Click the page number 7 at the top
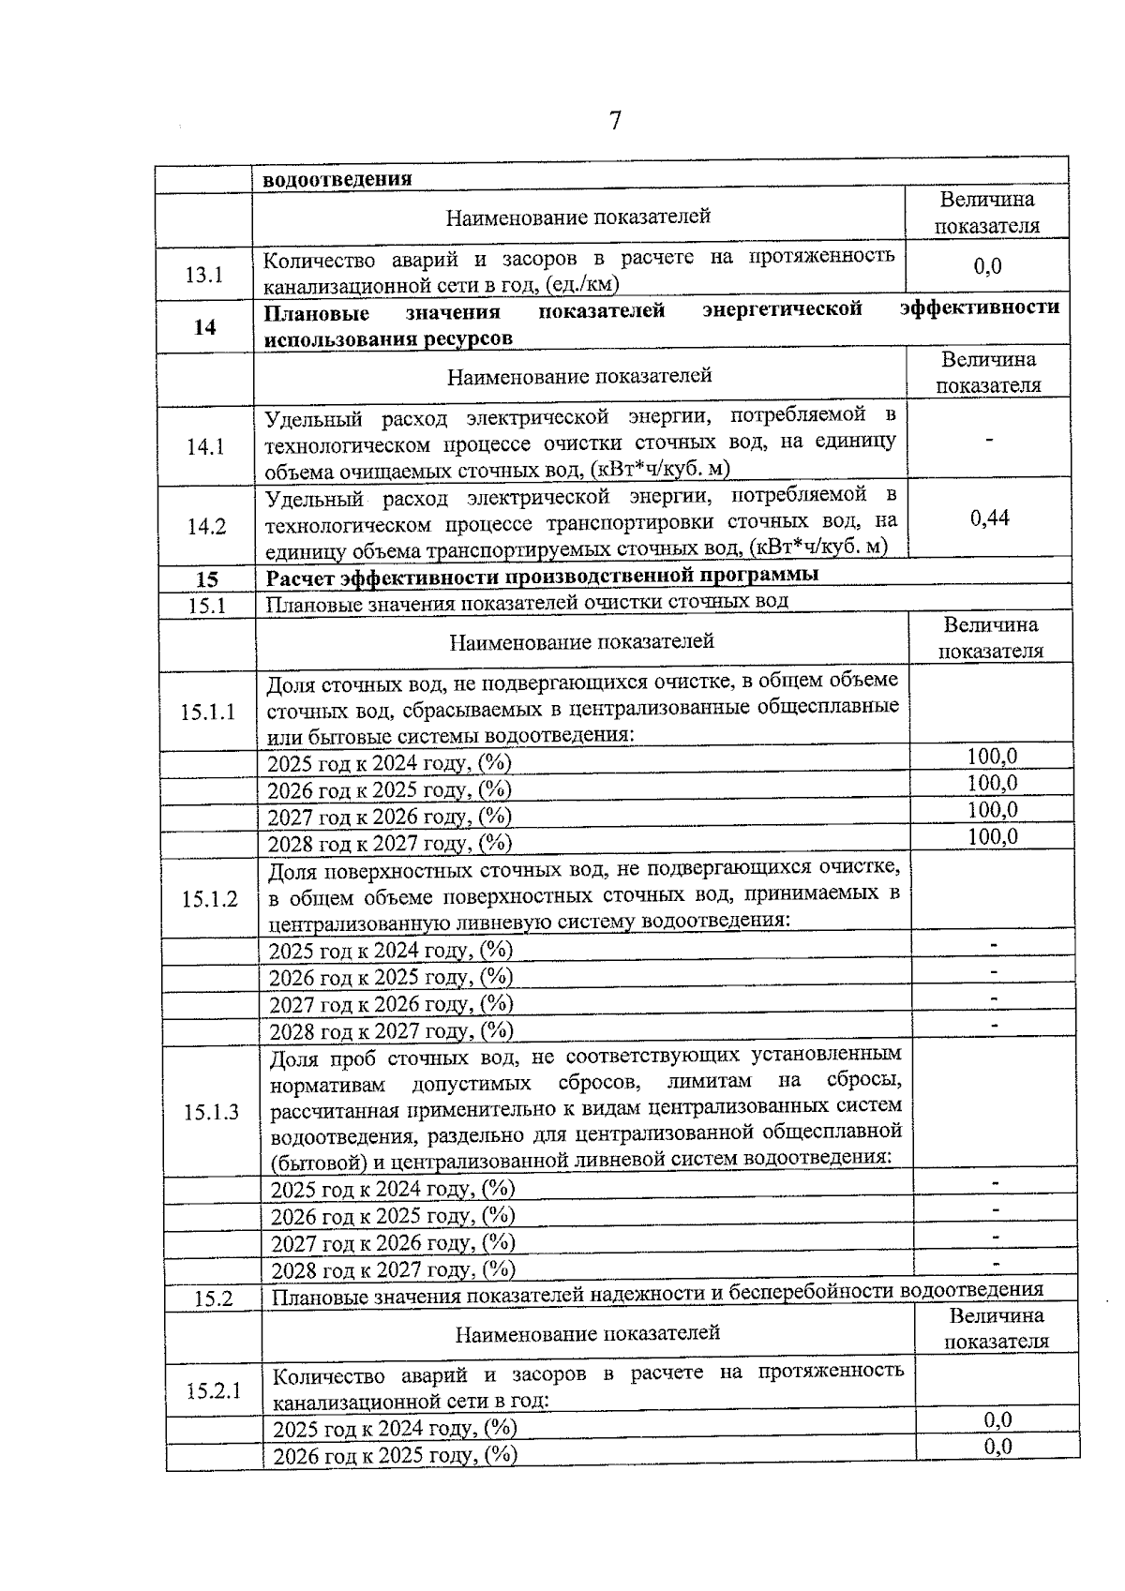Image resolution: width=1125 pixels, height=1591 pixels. tap(615, 121)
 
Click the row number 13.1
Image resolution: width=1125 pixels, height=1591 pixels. tap(204, 275)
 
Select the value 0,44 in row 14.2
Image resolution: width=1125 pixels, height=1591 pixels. tap(990, 517)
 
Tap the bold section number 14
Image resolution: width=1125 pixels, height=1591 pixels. tap(204, 327)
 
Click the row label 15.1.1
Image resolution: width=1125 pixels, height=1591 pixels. tap(208, 712)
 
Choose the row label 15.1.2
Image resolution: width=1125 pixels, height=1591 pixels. tap(210, 899)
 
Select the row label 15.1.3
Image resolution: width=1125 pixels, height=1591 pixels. tap(211, 1112)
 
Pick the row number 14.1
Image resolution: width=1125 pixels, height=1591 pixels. tap(205, 446)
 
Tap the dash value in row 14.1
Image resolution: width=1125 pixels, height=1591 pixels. tap(989, 439)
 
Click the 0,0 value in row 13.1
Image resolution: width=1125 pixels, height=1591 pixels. tap(987, 266)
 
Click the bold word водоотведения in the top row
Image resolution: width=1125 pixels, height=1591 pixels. tap(337, 179)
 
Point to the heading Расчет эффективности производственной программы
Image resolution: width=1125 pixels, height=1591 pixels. tap(542, 574)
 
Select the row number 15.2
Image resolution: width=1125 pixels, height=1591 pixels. tap(213, 1298)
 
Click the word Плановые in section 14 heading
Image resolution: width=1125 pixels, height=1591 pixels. tap(316, 312)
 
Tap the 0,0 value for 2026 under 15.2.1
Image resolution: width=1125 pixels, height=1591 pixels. tap(997, 1447)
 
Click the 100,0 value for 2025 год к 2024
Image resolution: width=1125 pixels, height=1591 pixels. tap(993, 756)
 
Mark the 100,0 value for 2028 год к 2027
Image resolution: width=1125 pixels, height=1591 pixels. tap(993, 836)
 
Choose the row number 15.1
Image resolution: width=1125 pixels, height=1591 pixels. tap(207, 606)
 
